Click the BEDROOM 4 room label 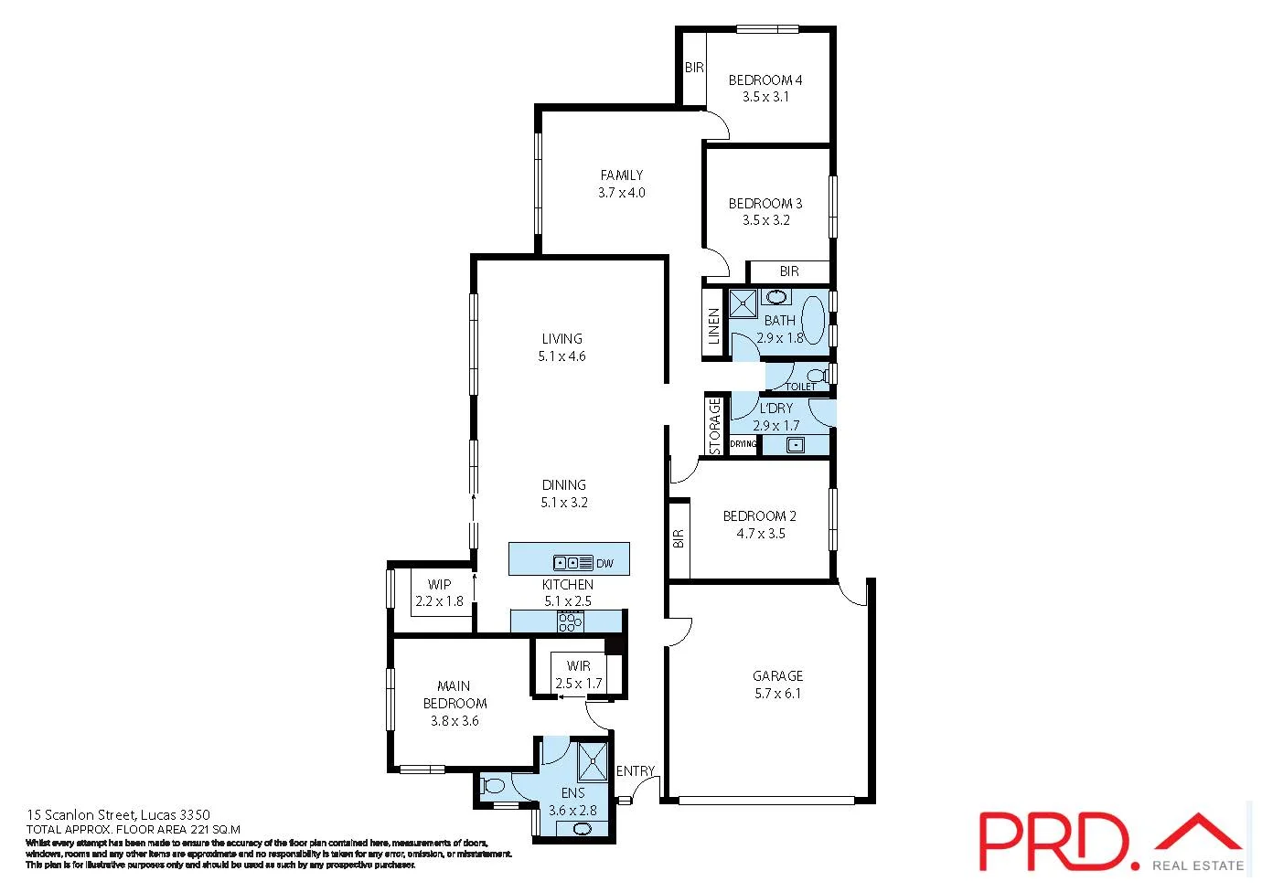[x=765, y=80]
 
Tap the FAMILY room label [x=622, y=175]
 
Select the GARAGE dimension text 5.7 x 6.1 [x=777, y=694]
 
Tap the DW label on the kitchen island [x=604, y=564]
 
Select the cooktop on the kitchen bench [x=570, y=622]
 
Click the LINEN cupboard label [x=714, y=326]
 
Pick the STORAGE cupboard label [x=715, y=425]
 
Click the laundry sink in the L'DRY [x=796, y=445]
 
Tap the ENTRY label [x=636, y=771]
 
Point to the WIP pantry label [x=439, y=585]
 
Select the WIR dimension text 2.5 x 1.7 [x=579, y=684]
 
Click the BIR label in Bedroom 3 [x=789, y=271]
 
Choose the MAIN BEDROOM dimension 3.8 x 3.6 [x=455, y=721]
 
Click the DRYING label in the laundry [x=743, y=444]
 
